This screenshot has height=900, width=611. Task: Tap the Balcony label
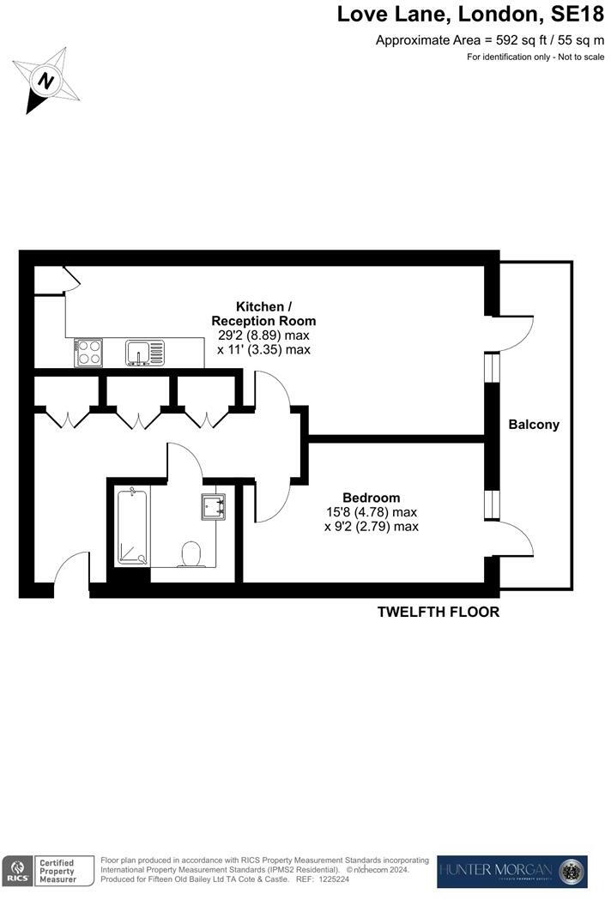tap(533, 424)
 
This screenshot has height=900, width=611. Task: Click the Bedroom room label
tap(371, 498)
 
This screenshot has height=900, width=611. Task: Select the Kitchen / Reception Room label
tap(263, 313)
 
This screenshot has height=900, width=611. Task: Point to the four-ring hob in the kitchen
tap(90, 353)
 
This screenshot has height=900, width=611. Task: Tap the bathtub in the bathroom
tap(133, 525)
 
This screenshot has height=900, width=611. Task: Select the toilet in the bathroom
tap(191, 553)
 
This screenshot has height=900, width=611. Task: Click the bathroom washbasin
tap(213, 507)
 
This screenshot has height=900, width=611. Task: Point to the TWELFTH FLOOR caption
tap(439, 612)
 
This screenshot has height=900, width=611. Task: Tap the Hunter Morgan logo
tap(511, 871)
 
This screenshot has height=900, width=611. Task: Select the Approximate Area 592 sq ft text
tap(490, 40)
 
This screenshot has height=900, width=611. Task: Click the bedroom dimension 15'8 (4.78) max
tap(371, 512)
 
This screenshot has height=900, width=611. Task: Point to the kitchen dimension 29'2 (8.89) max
tap(263, 335)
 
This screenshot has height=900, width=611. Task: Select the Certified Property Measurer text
tap(57, 871)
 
